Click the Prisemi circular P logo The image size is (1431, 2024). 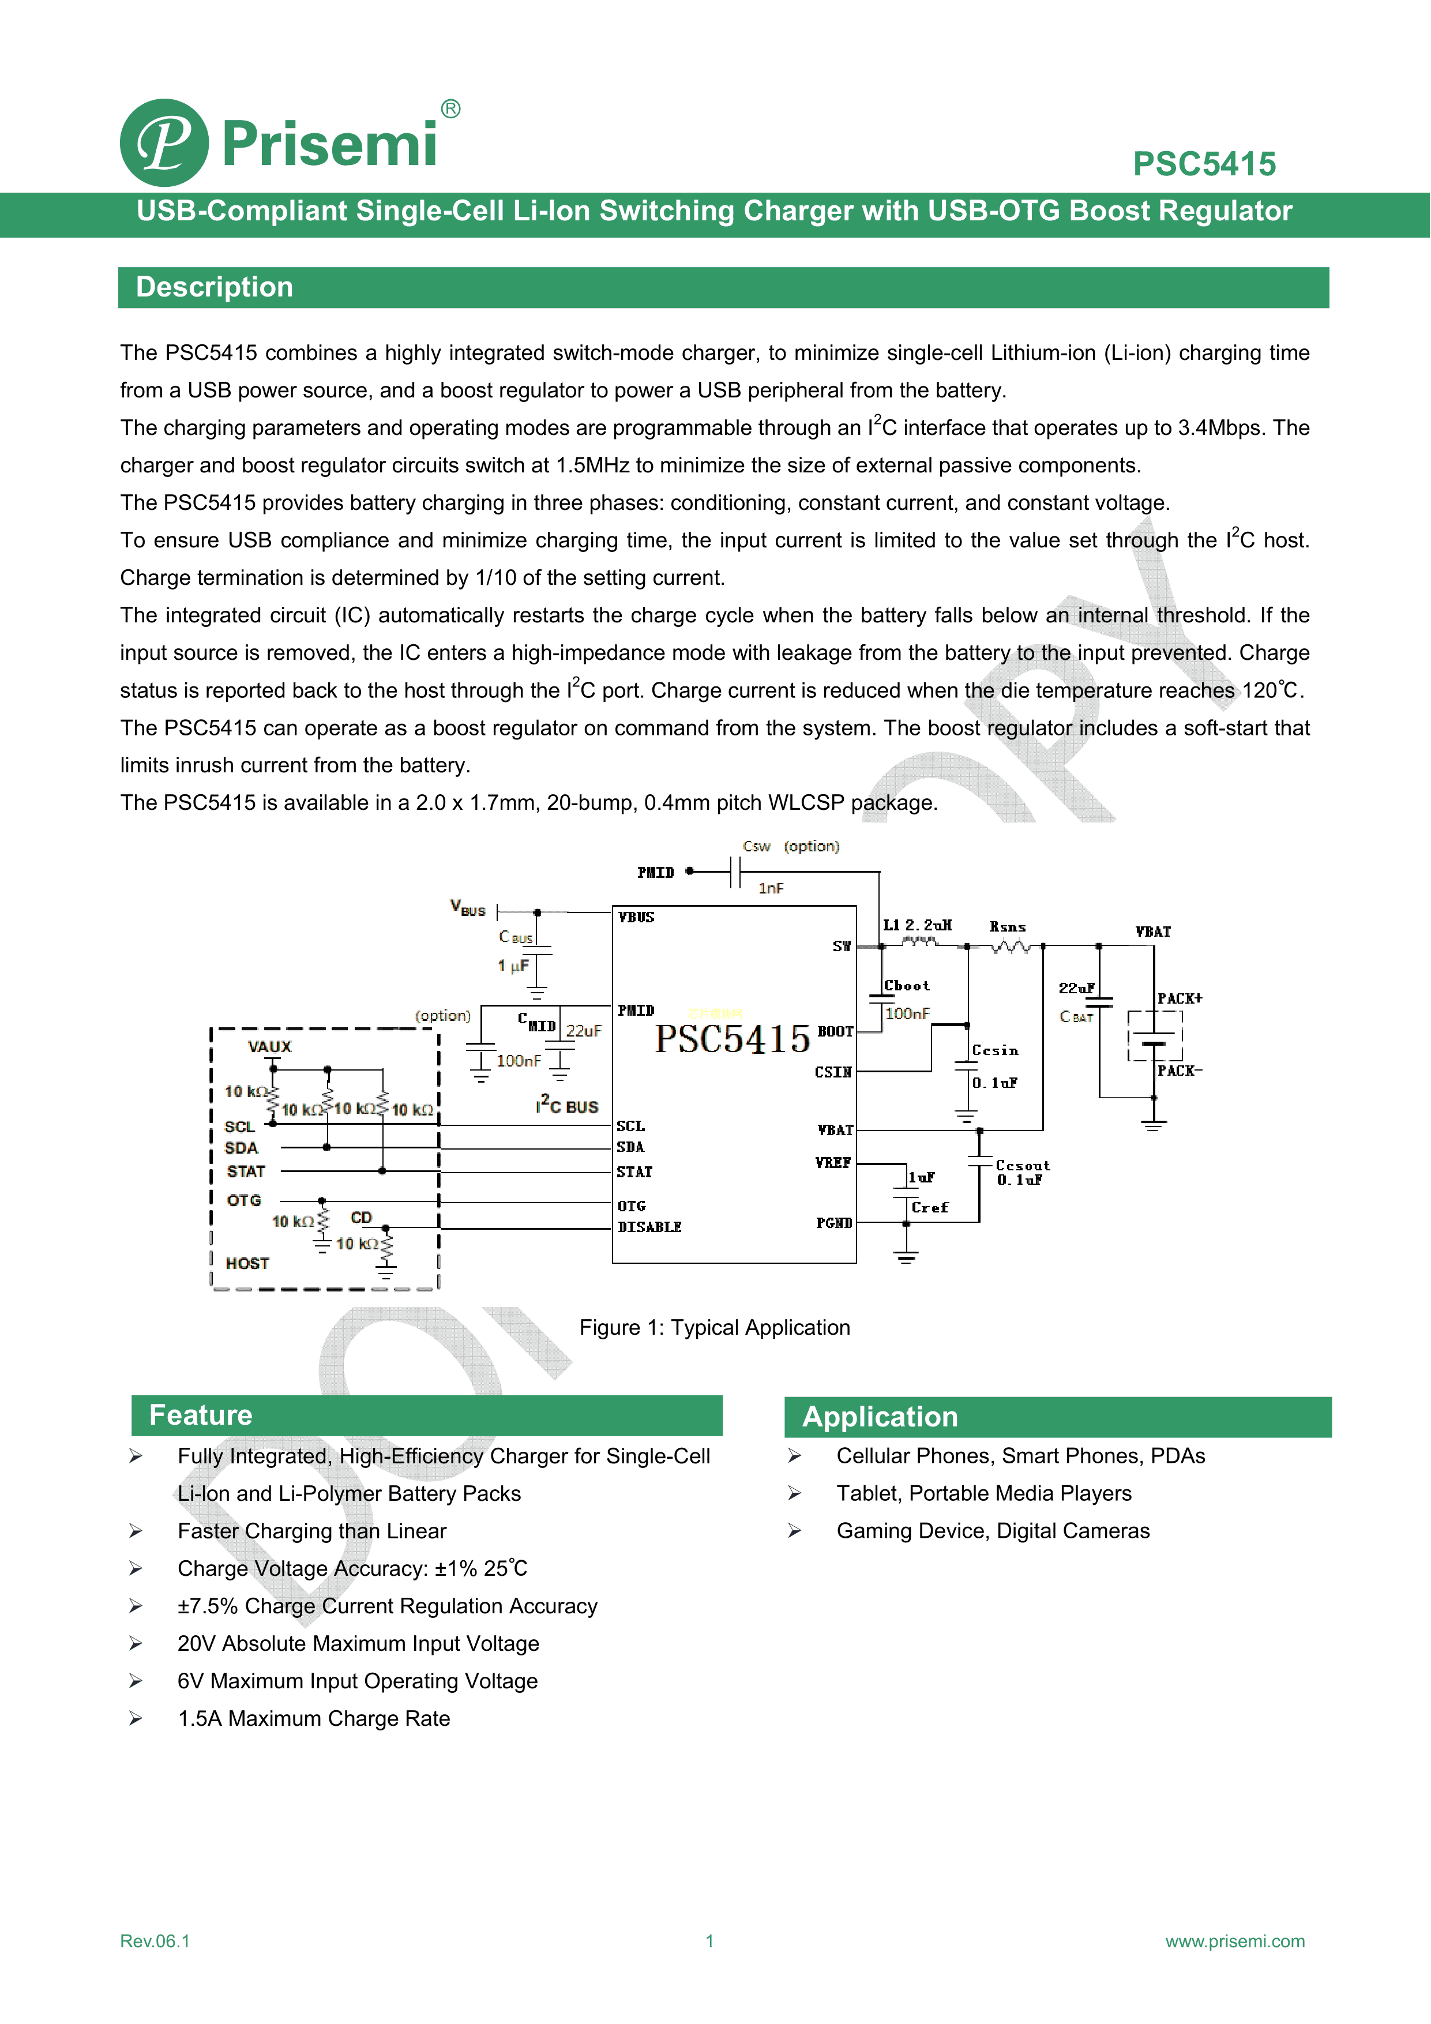pyautogui.click(x=164, y=143)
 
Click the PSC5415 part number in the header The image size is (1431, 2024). pyautogui.click(x=1204, y=164)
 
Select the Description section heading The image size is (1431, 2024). pyautogui.click(x=214, y=287)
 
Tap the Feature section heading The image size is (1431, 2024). pyautogui.click(x=201, y=1415)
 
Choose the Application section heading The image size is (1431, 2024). pyautogui.click(x=880, y=1417)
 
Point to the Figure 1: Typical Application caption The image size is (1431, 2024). pyautogui.click(x=714, y=1328)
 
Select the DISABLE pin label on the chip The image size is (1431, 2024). pyautogui.click(x=650, y=1227)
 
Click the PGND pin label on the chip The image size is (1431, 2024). pyautogui.click(x=833, y=1223)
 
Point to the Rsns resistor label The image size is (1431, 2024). pyautogui.click(x=1007, y=927)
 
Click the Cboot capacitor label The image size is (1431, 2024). pyautogui.click(x=906, y=986)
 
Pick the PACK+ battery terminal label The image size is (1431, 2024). pyautogui.click(x=1179, y=999)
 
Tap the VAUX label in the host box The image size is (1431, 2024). pyautogui.click(x=269, y=1046)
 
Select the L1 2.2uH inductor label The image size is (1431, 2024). pyautogui.click(x=917, y=925)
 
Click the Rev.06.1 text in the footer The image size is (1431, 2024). pyautogui.click(x=155, y=1941)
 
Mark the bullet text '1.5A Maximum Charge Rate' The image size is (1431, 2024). pyautogui.click(x=314, y=1718)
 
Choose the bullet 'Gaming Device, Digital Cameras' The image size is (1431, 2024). pyautogui.click(x=993, y=1531)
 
